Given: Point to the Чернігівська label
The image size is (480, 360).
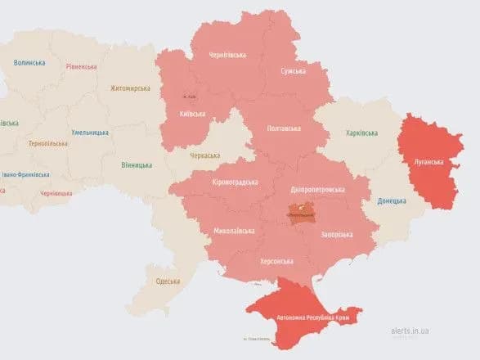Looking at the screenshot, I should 227,55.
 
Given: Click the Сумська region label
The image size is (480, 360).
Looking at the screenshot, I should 293,71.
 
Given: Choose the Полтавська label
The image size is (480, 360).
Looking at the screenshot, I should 284,128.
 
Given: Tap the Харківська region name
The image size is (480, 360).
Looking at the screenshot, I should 361,133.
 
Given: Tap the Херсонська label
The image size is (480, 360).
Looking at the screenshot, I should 276,261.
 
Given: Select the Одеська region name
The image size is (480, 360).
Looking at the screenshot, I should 168,281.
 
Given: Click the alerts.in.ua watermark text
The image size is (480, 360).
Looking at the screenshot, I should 410,331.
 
